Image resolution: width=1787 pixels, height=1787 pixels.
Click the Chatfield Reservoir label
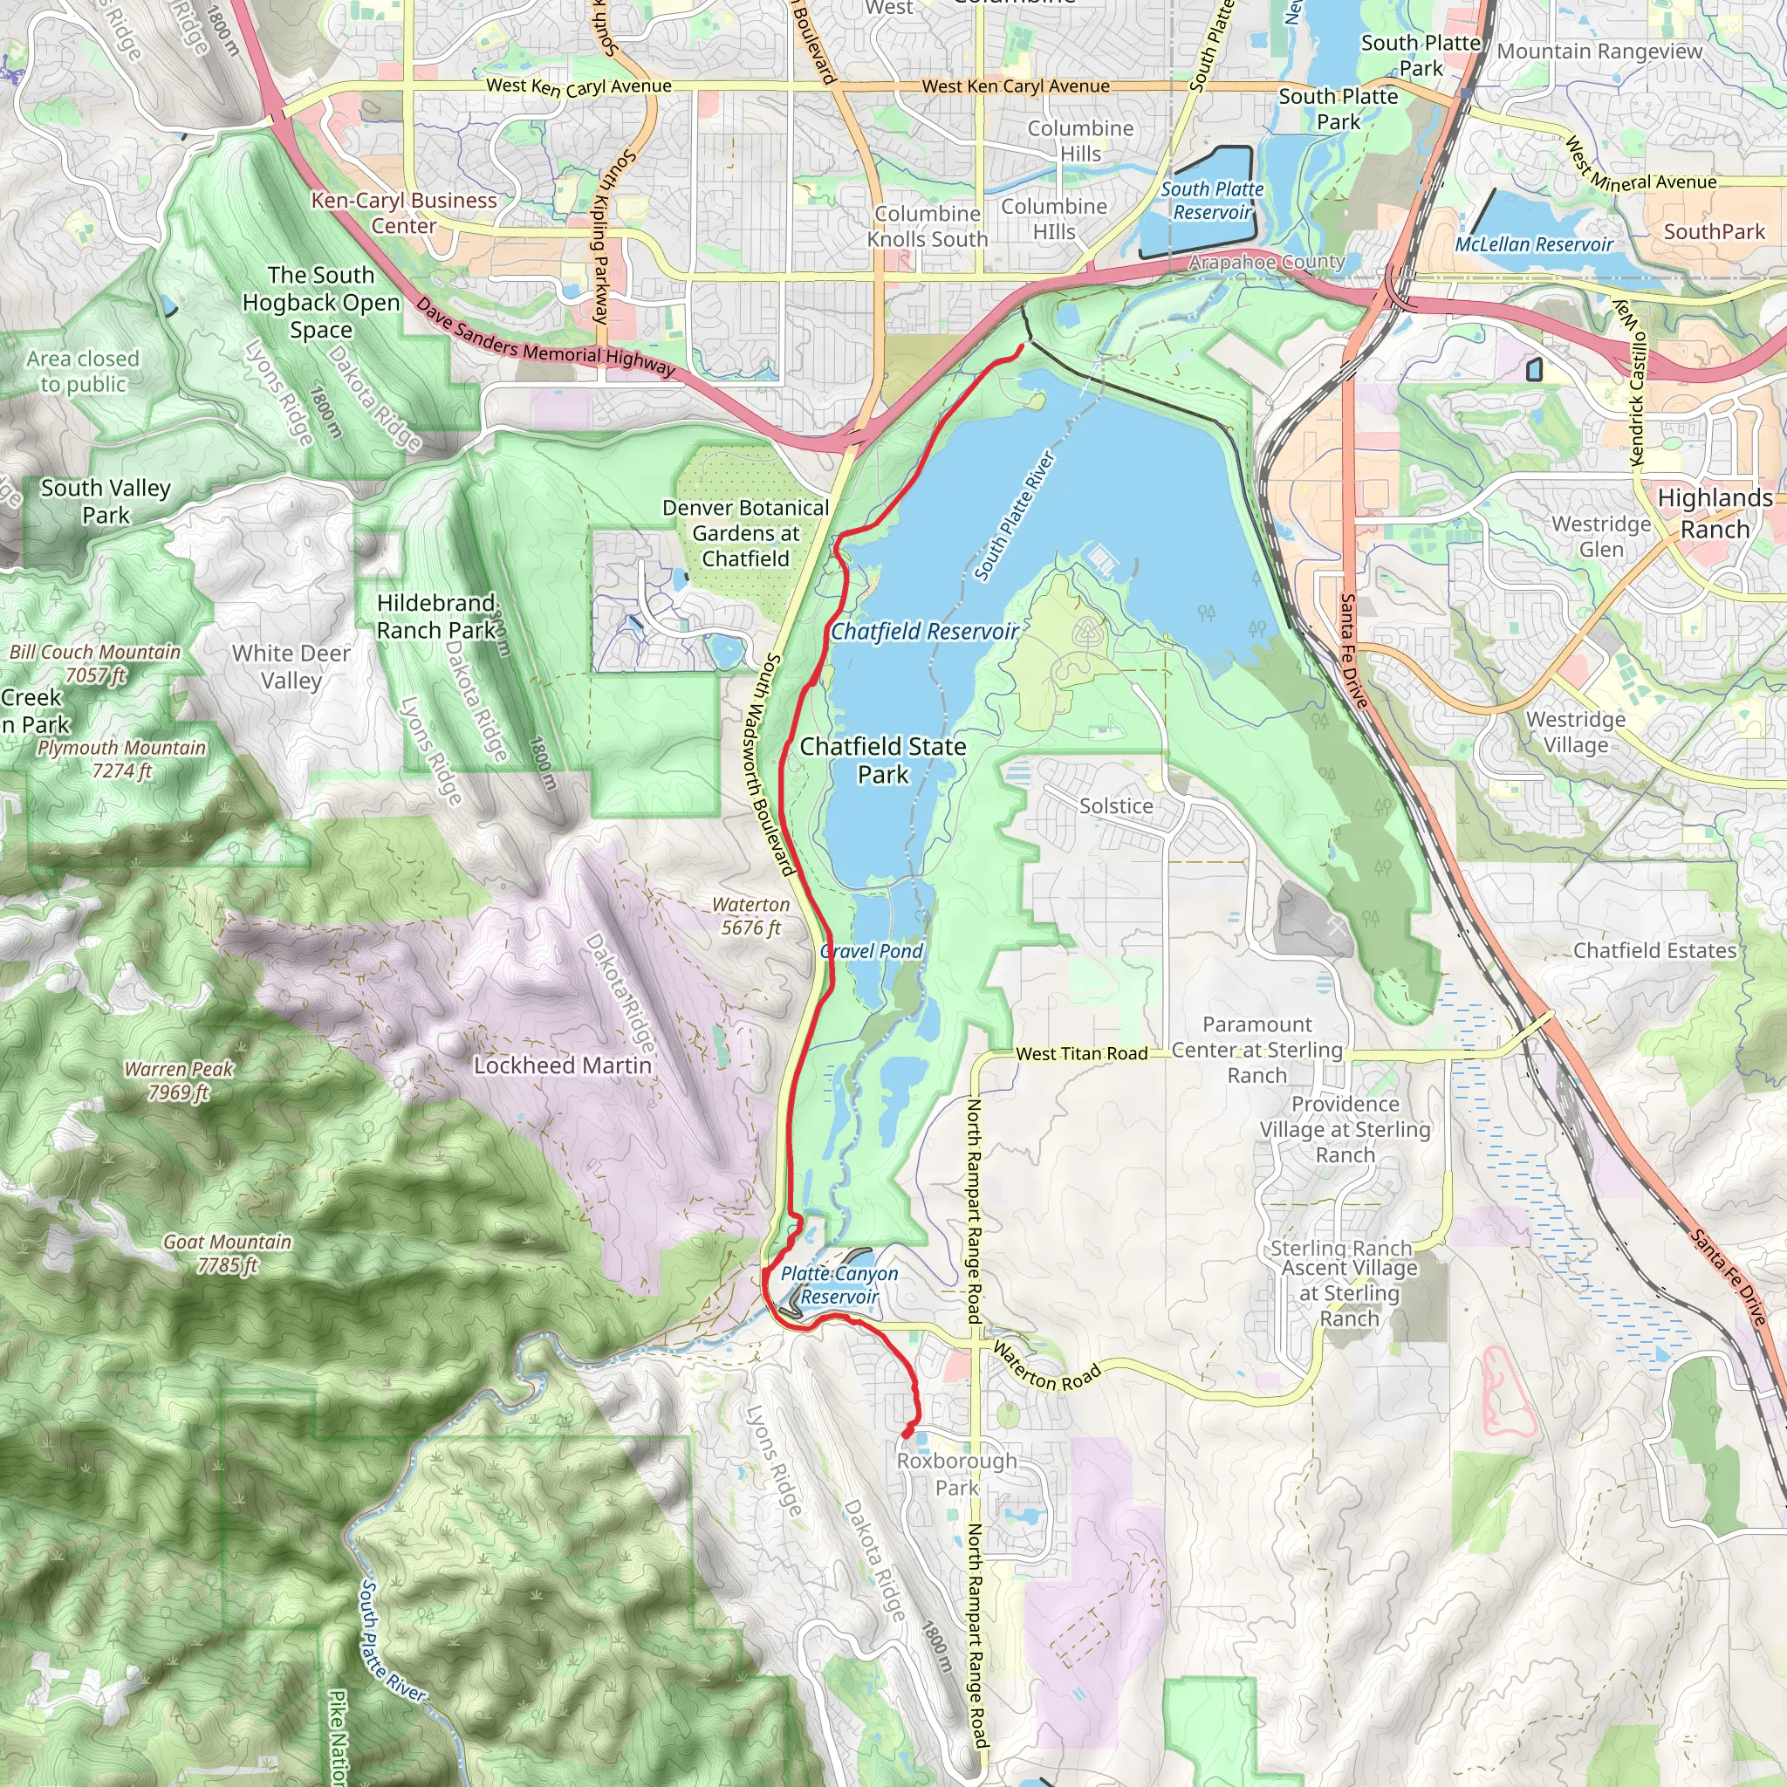click(924, 632)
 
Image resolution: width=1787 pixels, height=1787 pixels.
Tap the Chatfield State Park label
click(882, 760)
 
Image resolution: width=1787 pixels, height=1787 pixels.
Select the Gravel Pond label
click(872, 951)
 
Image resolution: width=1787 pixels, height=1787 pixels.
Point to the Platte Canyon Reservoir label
click(839, 1284)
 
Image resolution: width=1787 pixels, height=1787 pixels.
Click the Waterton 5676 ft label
click(751, 915)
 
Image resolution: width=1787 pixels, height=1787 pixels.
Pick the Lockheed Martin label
click(563, 1065)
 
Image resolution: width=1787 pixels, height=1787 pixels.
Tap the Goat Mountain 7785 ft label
click(228, 1253)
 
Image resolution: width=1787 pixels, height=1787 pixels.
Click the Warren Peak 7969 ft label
click(180, 1080)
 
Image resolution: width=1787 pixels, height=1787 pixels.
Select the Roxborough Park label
click(956, 1475)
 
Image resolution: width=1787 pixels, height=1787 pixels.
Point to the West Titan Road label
click(1081, 1053)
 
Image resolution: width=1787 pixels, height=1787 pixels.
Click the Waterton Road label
click(1047, 1367)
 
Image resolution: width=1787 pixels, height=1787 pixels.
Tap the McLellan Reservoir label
click(1534, 244)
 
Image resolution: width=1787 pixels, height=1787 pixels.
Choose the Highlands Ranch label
click(1715, 513)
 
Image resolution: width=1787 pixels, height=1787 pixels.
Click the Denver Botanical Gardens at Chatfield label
click(745, 533)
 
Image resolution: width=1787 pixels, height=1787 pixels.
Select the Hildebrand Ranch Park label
click(435, 616)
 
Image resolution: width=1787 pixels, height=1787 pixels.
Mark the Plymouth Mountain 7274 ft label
click(121, 758)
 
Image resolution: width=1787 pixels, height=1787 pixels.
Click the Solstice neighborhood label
click(1115, 805)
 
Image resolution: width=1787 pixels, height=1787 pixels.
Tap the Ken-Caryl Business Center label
click(403, 213)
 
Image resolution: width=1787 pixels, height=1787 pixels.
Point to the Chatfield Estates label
click(1654, 950)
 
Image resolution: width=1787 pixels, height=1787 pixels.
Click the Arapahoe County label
click(1265, 262)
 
